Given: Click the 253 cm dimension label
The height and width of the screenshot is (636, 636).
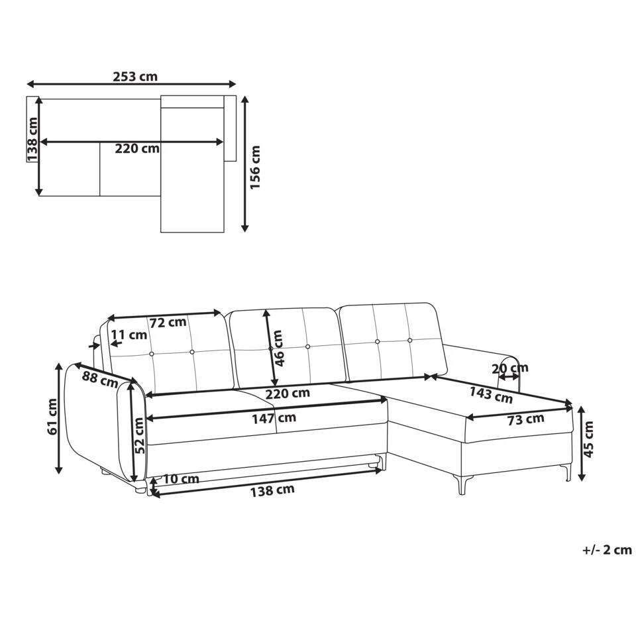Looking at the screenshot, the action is point(135,76).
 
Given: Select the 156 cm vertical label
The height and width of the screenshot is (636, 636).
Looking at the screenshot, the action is point(255,168).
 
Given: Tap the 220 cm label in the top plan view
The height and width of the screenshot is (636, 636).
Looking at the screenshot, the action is point(137,148).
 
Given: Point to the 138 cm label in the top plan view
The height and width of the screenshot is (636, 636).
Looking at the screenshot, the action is point(32,139).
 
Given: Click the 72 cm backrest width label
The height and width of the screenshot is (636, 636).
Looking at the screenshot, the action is point(168,323).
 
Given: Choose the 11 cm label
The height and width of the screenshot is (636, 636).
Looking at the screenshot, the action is point(129,335).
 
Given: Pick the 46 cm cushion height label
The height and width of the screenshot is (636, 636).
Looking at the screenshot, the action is point(279,348).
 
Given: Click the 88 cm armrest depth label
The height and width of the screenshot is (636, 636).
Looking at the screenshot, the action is point(100,380).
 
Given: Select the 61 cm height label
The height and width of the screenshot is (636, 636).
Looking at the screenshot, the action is point(53,417).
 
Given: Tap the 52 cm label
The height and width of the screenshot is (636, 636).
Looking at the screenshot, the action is point(139,436).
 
